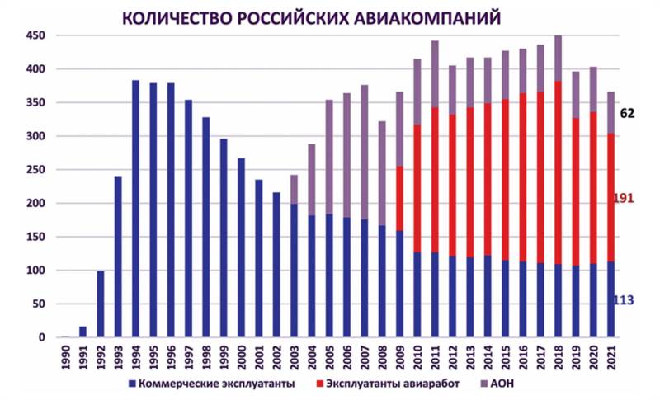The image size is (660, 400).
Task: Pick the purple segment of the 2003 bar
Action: (x=294, y=189)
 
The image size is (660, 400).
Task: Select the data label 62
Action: (x=628, y=113)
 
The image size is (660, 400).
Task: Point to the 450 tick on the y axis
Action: (x=35, y=36)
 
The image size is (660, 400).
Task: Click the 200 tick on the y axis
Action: (x=35, y=204)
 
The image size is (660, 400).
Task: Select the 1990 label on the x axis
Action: (x=66, y=356)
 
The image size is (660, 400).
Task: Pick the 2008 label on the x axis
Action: (x=382, y=356)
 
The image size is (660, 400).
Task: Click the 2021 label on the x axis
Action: (x=611, y=356)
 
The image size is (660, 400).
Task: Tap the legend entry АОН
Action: (x=508, y=384)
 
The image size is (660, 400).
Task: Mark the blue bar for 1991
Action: (x=83, y=332)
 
